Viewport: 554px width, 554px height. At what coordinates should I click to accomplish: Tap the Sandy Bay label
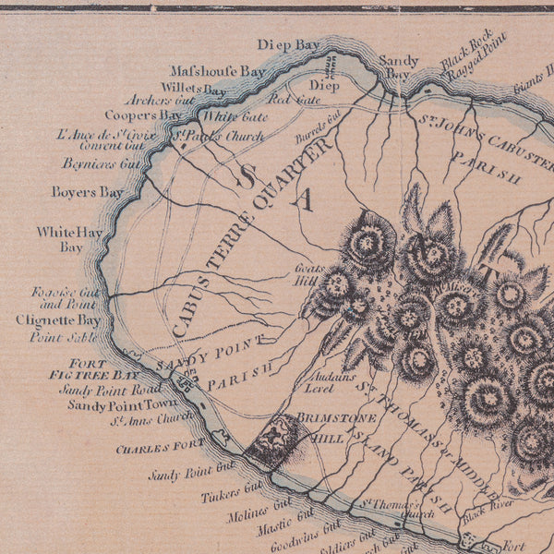(398, 66)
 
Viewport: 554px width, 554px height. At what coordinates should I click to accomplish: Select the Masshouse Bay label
(218, 70)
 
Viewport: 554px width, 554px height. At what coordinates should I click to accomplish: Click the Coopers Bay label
(142, 115)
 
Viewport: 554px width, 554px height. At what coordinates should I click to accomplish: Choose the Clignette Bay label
(58, 320)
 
